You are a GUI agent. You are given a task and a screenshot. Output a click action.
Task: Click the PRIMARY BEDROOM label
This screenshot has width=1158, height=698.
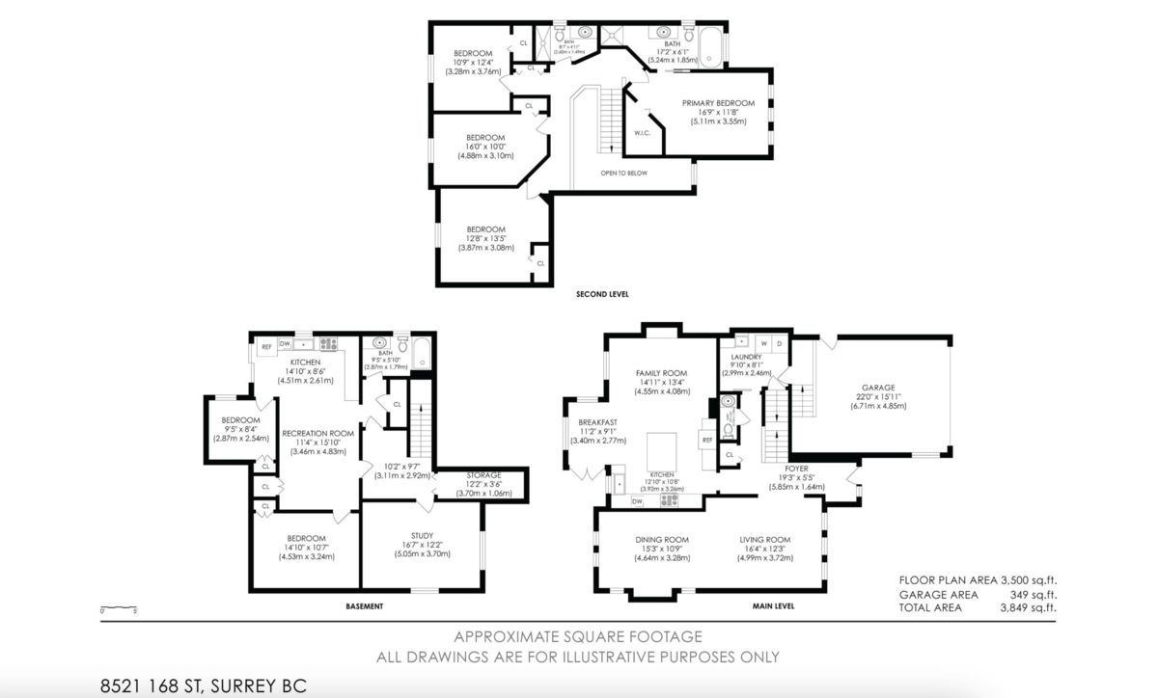point(718,103)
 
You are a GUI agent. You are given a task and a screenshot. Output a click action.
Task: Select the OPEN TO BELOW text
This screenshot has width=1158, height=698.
point(623,174)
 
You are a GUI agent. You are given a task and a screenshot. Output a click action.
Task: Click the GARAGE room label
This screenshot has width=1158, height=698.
point(878,388)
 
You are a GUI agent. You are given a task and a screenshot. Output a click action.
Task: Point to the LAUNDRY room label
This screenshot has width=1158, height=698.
point(746,357)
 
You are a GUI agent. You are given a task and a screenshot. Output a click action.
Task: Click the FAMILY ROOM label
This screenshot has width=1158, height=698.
point(661,373)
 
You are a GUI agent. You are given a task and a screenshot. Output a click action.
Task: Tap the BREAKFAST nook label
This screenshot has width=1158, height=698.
point(597,422)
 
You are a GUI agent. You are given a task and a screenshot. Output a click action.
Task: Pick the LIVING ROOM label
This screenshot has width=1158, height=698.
point(765,540)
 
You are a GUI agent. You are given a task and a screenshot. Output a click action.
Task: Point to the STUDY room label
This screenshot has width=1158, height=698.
point(421,536)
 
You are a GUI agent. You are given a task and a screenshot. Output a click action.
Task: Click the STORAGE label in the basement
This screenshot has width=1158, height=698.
point(483,475)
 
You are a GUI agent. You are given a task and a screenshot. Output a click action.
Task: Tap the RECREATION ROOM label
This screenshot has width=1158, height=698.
point(317,434)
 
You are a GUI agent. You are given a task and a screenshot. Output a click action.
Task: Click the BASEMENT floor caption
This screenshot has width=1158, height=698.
point(364,606)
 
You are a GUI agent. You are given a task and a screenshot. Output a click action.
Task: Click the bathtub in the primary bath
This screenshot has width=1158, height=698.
point(710,48)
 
